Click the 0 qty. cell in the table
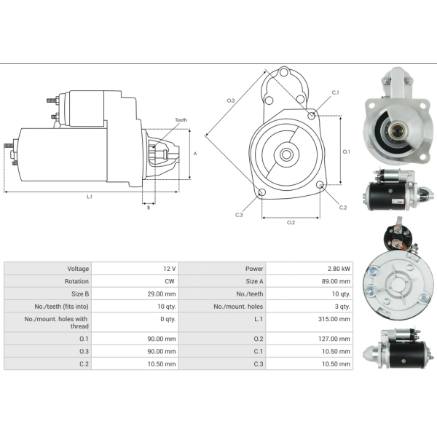pyautogui.click(x=168, y=319)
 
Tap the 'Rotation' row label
pyautogui.click(x=76, y=281)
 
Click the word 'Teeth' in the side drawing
pyautogui.click(x=181, y=119)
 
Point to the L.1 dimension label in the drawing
pyautogui.click(x=90, y=196)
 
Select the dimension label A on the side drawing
pyautogui.click(x=194, y=154)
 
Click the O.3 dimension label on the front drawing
pyautogui.click(x=231, y=100)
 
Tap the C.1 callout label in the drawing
pyautogui.click(x=335, y=92)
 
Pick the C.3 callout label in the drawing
pyautogui.click(x=239, y=214)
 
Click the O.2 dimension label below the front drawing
pyautogui.click(x=291, y=221)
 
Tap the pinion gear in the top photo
pyautogui.click(x=398, y=132)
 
